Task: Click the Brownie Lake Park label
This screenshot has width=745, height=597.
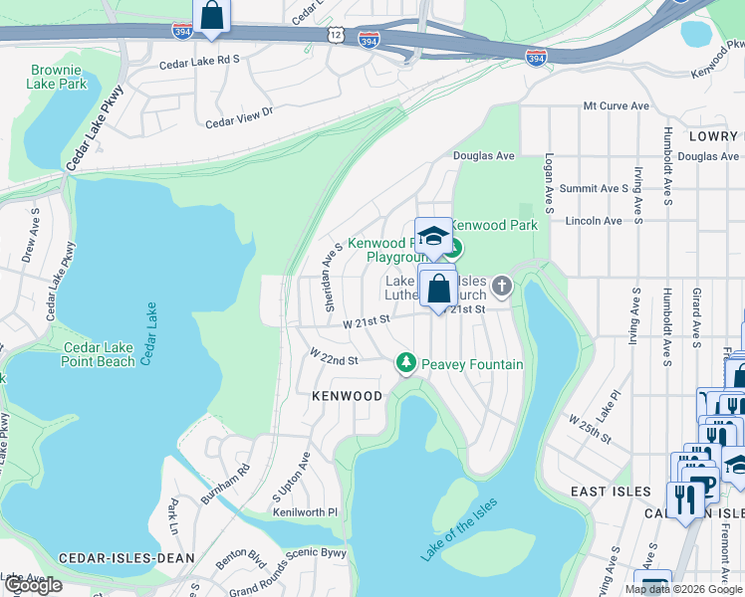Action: pos(59,77)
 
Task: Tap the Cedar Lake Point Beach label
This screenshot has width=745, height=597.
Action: pos(99,354)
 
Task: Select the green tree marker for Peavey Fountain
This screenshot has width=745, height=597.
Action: pos(405,363)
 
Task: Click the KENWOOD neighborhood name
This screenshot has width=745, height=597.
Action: pos(347,396)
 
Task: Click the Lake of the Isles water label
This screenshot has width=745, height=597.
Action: pos(459,527)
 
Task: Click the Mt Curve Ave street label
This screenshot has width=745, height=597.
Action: pos(616,105)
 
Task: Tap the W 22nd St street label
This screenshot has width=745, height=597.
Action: pos(333,355)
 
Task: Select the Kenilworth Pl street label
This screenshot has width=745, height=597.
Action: pos(306,512)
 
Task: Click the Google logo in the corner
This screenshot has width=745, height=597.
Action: pos(32,585)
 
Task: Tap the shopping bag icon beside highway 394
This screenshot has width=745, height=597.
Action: pos(211,16)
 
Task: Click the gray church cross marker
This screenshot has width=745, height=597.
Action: pos(503,288)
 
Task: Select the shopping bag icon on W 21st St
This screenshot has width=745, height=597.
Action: pos(438,290)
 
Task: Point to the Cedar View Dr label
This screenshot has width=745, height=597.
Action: pos(239,118)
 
